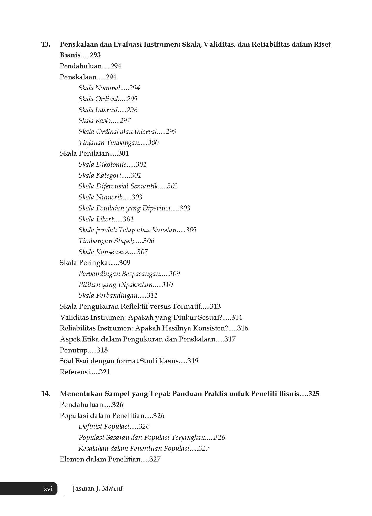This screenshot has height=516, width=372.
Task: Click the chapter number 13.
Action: tap(46, 44)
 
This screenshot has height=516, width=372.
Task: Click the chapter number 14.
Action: tap(46, 394)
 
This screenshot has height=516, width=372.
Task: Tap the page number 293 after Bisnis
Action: tap(95, 55)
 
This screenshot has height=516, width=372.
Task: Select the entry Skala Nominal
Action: tap(99, 88)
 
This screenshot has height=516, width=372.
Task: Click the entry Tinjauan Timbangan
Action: tap(109, 143)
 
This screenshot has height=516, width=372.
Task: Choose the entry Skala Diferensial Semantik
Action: tap(118, 186)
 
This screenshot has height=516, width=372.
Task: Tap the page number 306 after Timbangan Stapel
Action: tap(148, 241)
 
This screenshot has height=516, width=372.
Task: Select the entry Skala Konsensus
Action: tap(103, 252)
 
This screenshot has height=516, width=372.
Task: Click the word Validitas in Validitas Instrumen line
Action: tap(74, 318)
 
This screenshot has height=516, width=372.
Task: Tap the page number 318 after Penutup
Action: tap(102, 350)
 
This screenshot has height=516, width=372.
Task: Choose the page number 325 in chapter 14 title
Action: tap(314, 394)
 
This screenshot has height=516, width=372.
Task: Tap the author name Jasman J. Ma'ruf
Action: tap(97, 489)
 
